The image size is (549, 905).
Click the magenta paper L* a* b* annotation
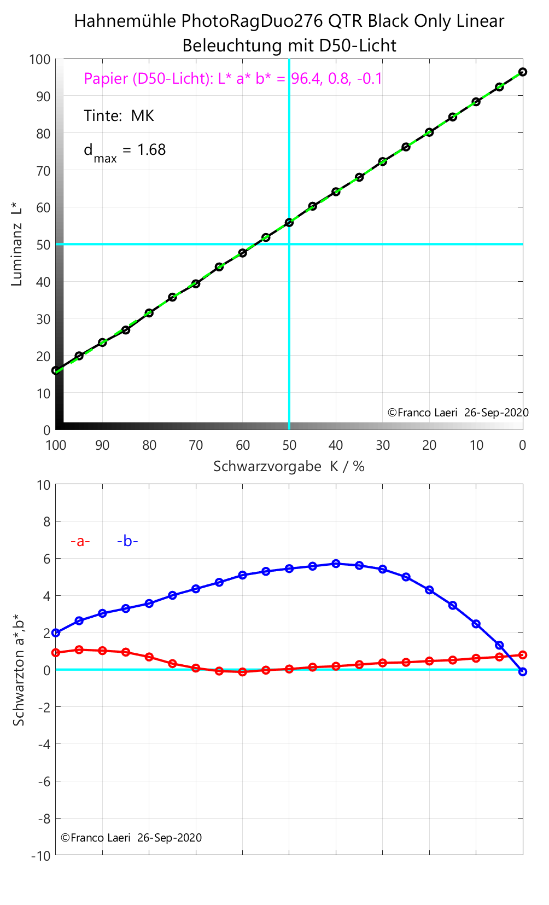pyautogui.click(x=233, y=79)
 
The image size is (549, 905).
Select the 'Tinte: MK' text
pyautogui.click(x=119, y=116)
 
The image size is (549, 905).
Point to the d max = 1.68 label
pyautogui.click(x=124, y=150)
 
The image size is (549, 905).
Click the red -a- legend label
pyautogui.click(x=80, y=541)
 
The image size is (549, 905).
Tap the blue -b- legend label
pyautogui.click(x=127, y=541)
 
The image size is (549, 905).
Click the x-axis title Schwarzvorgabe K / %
pyautogui.click(x=289, y=467)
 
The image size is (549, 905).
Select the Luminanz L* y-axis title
pyautogui.click(x=17, y=244)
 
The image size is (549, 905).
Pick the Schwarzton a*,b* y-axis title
pyautogui.click(x=19, y=670)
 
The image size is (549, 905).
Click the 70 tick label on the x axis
pyautogui.click(x=196, y=445)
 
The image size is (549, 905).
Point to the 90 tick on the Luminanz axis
pyautogui.click(x=43, y=96)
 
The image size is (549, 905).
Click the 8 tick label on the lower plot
pyautogui.click(x=46, y=522)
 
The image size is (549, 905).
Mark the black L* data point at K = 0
pyautogui.click(x=523, y=72)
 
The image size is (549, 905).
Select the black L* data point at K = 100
pyautogui.click(x=56, y=370)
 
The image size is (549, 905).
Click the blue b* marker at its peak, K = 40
pyautogui.click(x=336, y=564)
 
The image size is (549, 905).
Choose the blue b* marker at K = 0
pyautogui.click(x=523, y=671)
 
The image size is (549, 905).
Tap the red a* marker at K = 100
pyautogui.click(x=56, y=653)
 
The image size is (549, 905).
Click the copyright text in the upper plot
pyautogui.click(x=458, y=413)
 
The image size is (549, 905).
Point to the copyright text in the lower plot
pyautogui.click(x=131, y=838)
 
